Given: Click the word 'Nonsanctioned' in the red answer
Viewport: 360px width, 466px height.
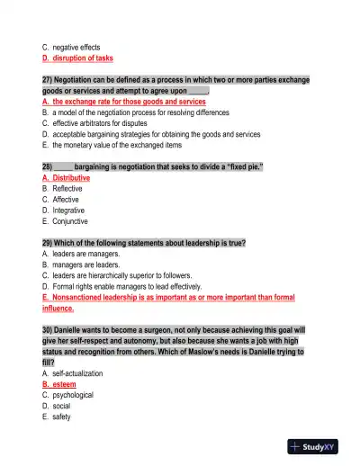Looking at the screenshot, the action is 80,297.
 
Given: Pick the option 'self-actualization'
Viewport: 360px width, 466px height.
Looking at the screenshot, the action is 77,372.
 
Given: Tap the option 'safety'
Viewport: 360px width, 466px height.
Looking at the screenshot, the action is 62,417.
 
